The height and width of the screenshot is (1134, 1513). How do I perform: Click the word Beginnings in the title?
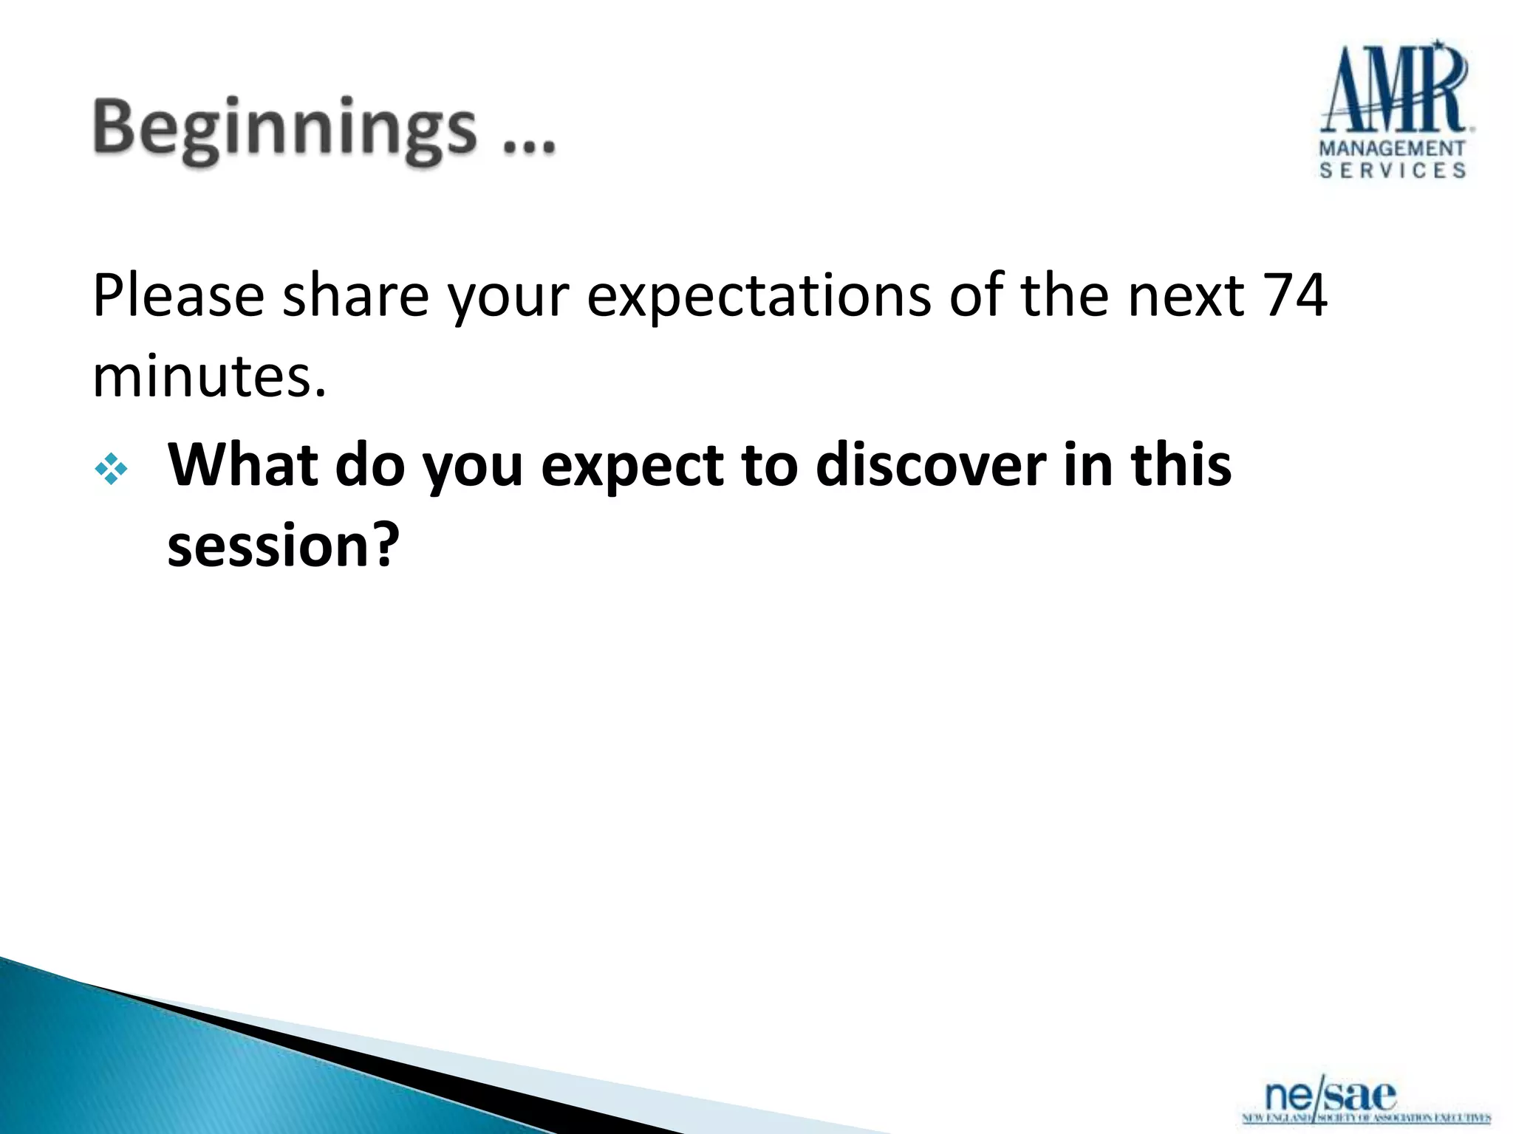(x=284, y=129)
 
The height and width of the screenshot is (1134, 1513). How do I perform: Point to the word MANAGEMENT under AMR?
(x=1392, y=148)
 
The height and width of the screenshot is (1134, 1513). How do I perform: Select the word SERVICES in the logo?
(x=1392, y=171)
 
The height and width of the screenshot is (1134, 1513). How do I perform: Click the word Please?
(x=178, y=296)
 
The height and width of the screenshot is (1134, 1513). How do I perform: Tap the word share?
(x=355, y=296)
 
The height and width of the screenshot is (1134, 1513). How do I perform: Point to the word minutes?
(x=208, y=377)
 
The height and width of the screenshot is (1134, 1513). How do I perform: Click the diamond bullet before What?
(x=111, y=469)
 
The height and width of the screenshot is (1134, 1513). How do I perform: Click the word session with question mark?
(x=283, y=546)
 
